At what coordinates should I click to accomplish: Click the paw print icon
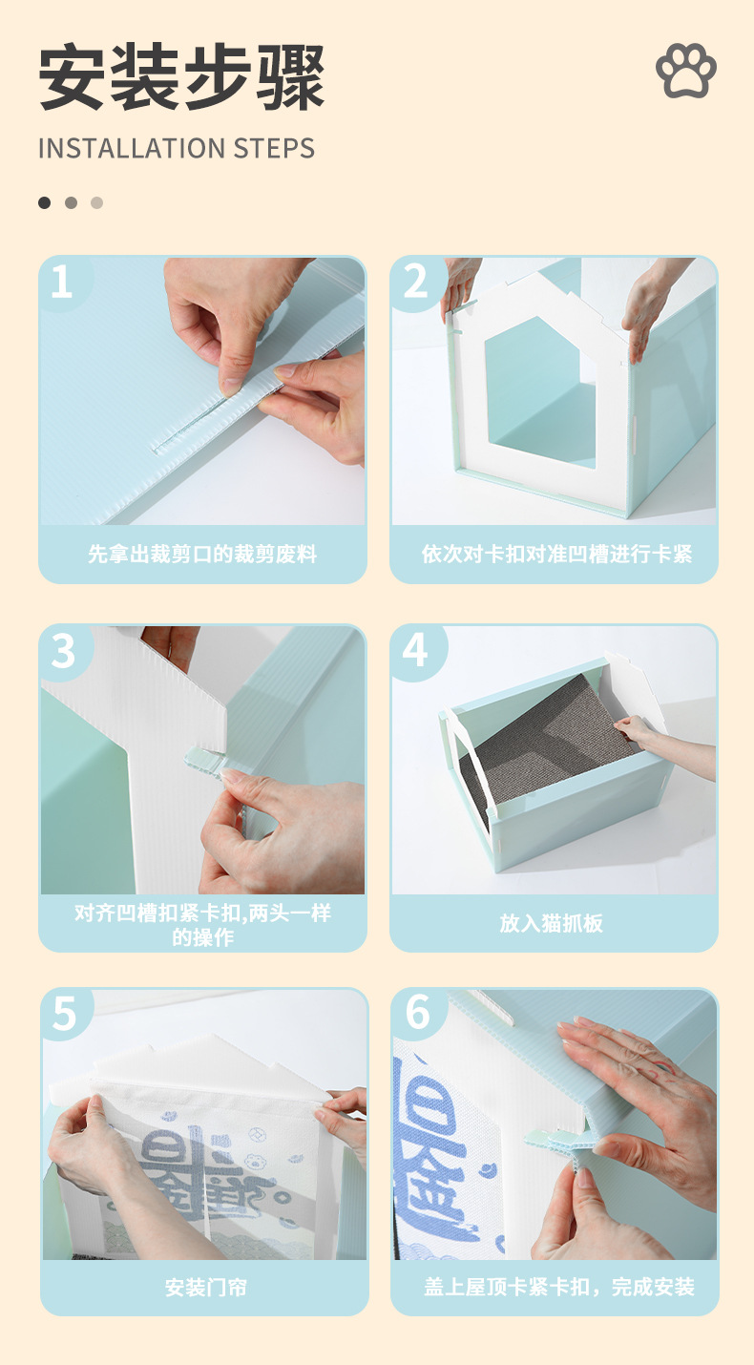click(686, 70)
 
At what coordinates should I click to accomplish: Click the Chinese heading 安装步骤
click(181, 77)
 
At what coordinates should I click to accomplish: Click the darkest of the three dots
click(45, 202)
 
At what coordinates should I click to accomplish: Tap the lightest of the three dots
click(97, 202)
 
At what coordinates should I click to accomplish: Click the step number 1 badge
click(62, 282)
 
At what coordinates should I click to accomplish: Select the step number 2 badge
click(416, 282)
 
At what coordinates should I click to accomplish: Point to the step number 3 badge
click(63, 651)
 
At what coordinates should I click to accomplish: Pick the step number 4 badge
click(415, 650)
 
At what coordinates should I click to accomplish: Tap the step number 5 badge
click(64, 1014)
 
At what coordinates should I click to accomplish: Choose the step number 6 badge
click(418, 1013)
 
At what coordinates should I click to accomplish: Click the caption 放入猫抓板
click(551, 923)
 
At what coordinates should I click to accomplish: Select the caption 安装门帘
click(206, 1288)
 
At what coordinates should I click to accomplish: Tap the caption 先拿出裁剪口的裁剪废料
click(202, 554)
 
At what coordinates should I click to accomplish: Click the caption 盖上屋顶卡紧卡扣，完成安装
click(559, 1287)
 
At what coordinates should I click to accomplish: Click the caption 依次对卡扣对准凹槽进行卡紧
click(556, 554)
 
